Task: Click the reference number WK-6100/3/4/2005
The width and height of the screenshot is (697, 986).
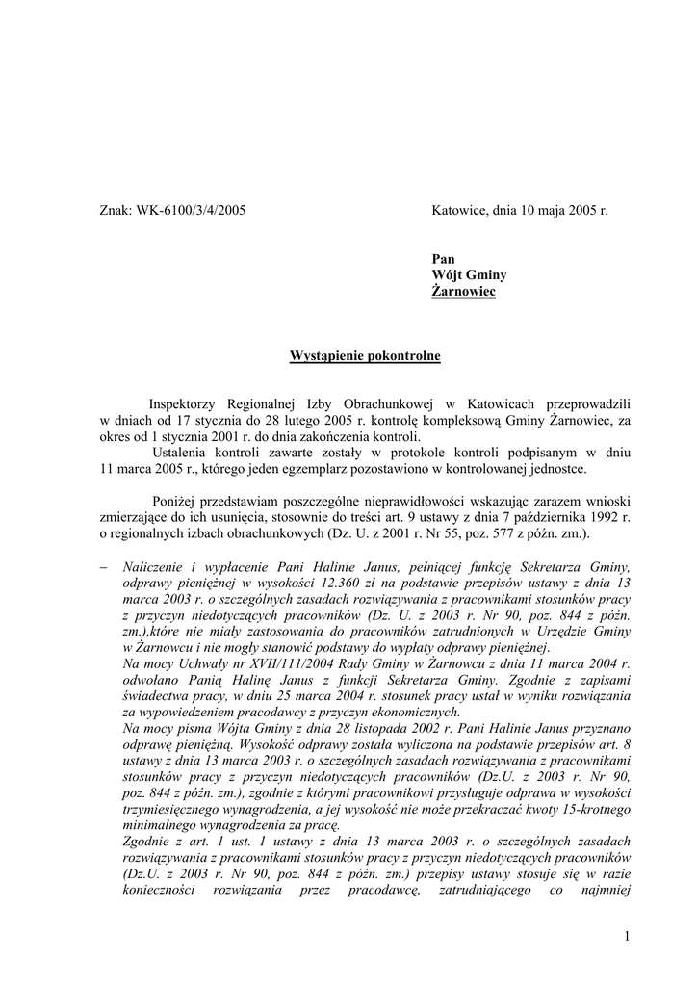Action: tap(191, 209)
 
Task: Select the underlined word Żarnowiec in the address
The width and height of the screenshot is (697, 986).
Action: tap(463, 291)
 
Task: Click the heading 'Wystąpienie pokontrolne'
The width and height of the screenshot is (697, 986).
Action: tap(365, 356)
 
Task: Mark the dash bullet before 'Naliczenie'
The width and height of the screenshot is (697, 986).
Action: tap(105, 568)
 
